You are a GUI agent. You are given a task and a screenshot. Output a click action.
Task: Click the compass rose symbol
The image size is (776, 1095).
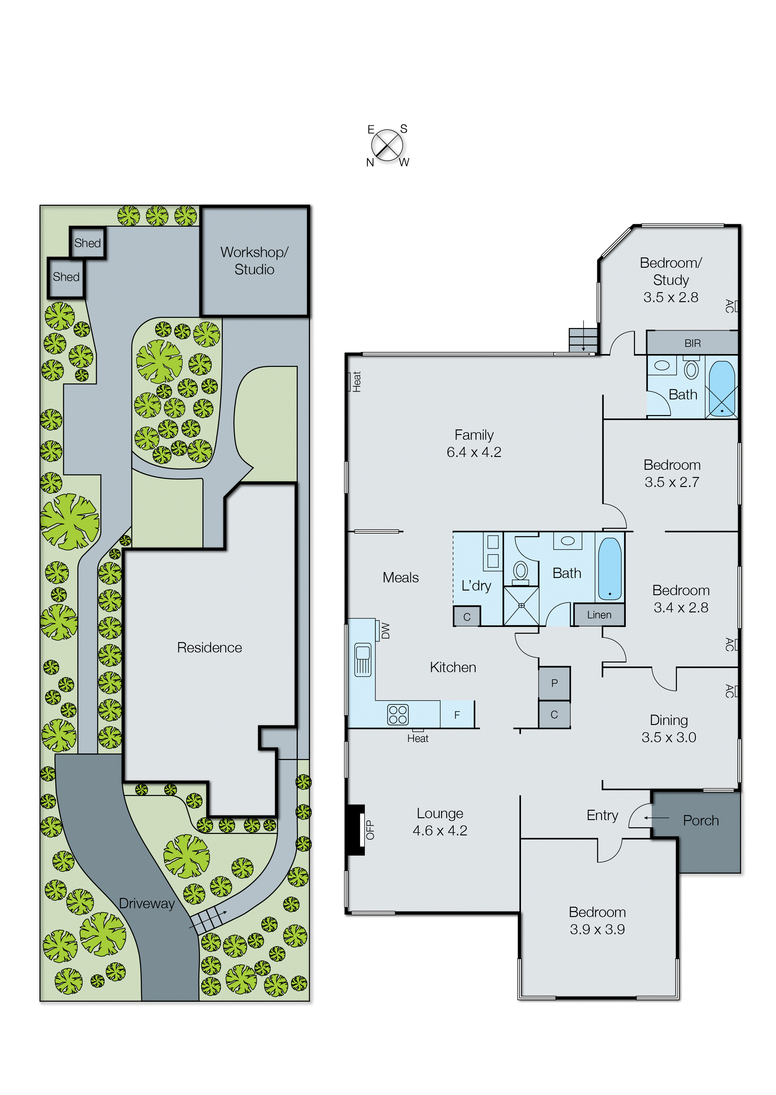(387, 145)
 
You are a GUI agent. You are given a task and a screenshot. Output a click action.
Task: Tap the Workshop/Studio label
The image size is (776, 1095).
(254, 261)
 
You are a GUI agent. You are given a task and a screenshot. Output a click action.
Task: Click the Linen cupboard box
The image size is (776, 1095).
(599, 615)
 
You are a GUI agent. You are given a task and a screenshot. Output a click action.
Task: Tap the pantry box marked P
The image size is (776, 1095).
(554, 683)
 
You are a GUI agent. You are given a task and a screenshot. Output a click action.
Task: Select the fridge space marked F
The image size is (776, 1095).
(457, 715)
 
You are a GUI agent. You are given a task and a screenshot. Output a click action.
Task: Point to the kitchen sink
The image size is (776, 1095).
(363, 659)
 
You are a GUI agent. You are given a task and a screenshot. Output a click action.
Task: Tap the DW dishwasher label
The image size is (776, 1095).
(385, 630)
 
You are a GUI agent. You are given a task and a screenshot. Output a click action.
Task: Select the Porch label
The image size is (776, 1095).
(701, 820)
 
